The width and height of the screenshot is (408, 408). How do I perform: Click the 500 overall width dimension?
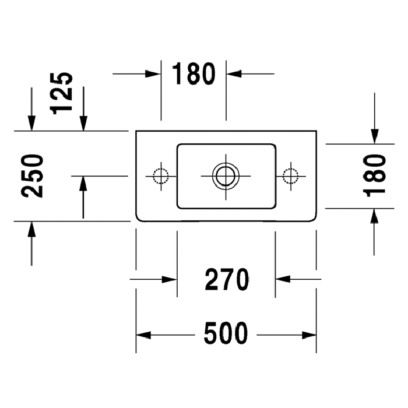[x=226, y=333]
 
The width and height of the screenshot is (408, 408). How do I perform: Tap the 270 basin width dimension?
[x=227, y=279]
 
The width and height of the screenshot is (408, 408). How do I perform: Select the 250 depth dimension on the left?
[x=32, y=176]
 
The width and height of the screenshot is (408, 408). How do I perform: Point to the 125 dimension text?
[x=61, y=93]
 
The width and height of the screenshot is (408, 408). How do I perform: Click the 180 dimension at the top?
[x=194, y=73]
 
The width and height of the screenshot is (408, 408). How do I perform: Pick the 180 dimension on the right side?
[x=374, y=175]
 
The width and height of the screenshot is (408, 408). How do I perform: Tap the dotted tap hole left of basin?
[x=161, y=176]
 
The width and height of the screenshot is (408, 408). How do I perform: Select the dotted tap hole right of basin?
[x=291, y=176]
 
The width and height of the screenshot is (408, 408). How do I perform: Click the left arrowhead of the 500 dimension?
[x=143, y=335]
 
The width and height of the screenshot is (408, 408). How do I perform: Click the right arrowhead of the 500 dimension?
[x=309, y=335]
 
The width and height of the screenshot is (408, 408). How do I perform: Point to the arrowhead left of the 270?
[x=170, y=279]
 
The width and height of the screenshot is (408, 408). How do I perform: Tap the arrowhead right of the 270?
[x=283, y=279]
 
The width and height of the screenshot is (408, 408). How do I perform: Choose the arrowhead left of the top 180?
[x=153, y=74]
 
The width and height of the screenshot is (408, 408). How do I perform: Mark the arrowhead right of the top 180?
[x=234, y=74]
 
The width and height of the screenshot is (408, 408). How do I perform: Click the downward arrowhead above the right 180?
[x=374, y=136]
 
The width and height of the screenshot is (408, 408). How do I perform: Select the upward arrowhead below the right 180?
[x=374, y=216]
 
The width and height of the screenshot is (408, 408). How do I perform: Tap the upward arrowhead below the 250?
[x=31, y=229]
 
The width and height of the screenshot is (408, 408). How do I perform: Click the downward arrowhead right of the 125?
[x=83, y=123]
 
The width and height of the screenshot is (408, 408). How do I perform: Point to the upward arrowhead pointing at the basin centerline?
[x=83, y=184]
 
